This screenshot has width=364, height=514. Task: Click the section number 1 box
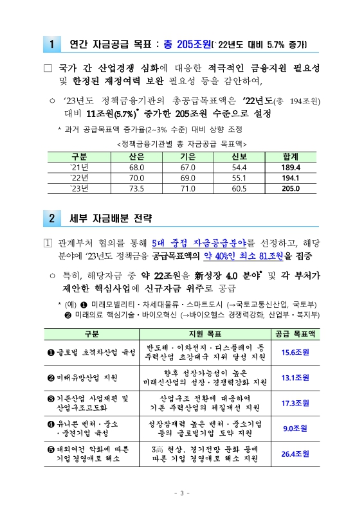click(51, 44)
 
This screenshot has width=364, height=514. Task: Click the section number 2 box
click(51, 218)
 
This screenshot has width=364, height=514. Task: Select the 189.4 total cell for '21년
click(291, 167)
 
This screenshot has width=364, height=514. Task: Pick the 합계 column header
click(291, 157)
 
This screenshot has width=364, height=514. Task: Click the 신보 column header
click(239, 157)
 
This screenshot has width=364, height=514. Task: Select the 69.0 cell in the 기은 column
click(187, 177)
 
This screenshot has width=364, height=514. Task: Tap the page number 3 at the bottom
click(182, 493)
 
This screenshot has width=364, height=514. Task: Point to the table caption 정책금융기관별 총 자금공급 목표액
click(182, 143)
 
